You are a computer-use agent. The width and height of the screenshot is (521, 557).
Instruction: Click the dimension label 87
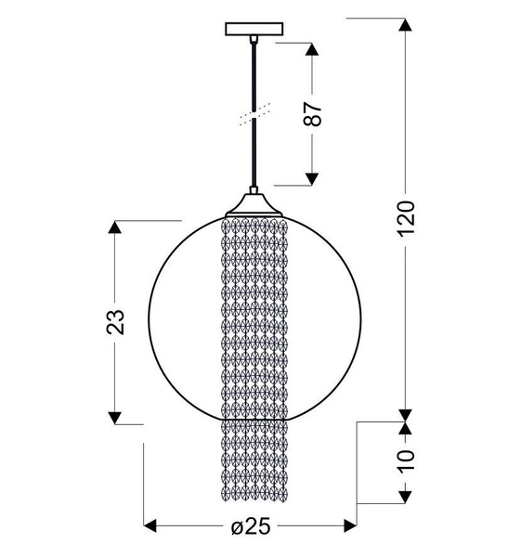(x=315, y=113)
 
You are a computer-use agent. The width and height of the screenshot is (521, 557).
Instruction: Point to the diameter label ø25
(x=250, y=526)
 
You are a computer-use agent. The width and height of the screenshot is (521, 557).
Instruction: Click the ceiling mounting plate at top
(x=252, y=30)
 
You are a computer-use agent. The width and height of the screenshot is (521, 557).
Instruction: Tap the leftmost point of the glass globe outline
(x=150, y=316)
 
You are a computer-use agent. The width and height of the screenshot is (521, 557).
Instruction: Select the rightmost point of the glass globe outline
(x=354, y=316)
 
